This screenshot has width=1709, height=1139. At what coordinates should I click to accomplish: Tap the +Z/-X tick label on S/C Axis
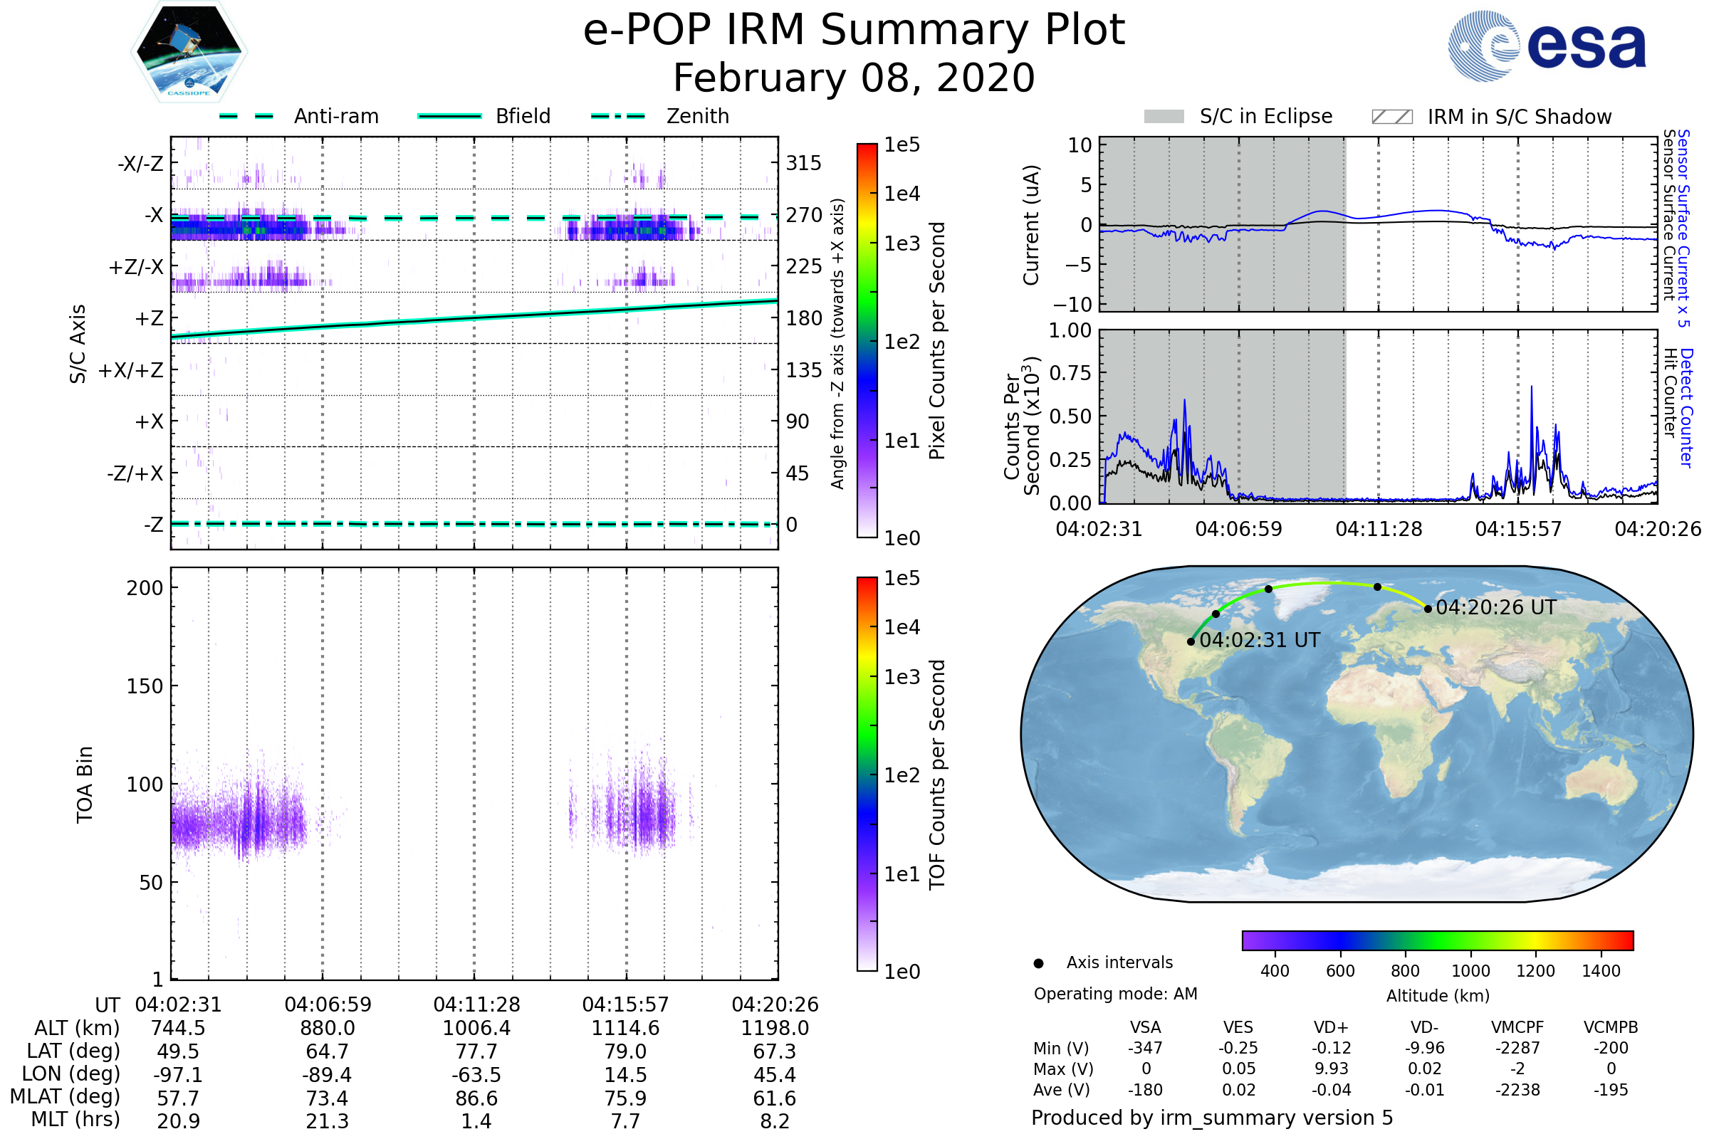pos(136,268)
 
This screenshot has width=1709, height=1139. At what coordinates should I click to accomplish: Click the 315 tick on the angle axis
pos(804,164)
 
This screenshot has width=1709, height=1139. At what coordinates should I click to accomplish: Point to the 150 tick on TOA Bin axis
pos(145,686)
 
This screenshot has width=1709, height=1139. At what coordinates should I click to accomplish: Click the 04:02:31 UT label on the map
pos(1259,640)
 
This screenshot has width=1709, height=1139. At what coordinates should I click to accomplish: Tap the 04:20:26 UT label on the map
pos(1496,607)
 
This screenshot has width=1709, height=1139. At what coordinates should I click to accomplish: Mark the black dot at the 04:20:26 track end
pos(1428,609)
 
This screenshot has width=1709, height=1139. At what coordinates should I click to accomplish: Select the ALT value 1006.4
pos(476,1028)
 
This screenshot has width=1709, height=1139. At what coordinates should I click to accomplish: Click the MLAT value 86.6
pos(476,1098)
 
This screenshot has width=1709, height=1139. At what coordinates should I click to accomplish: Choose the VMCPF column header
pos(1517,1027)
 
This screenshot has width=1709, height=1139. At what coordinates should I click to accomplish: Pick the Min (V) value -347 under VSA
pos(1145,1048)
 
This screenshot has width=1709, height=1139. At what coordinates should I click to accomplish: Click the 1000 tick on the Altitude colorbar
pos(1470,971)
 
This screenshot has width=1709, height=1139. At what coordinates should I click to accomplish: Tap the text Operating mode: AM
pos(1115,994)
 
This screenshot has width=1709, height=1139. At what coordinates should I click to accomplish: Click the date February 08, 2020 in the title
pos(854,78)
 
